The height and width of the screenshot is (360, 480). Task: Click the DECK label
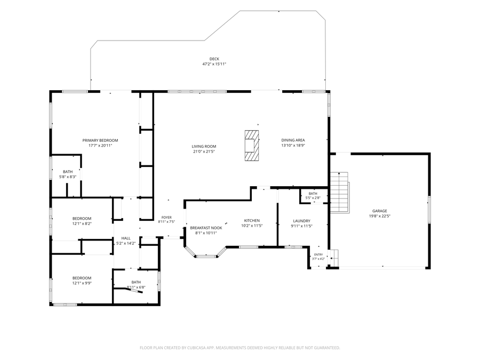214,59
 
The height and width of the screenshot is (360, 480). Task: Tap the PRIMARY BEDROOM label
100,140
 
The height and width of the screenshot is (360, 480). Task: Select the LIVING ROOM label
204,146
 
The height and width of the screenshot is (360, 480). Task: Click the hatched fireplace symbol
252,146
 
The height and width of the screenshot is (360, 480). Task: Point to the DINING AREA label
293,140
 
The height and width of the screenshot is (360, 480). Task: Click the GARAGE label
380,211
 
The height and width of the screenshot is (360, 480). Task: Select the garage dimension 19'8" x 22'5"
380,216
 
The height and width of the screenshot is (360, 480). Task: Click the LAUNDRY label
301,221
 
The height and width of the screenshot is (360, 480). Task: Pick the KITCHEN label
252,221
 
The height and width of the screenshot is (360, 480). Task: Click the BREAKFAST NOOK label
206,228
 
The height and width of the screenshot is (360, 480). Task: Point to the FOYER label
166,218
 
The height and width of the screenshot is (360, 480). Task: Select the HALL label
126,238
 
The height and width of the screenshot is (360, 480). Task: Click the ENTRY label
318,255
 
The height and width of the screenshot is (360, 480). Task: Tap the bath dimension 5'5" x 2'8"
313,198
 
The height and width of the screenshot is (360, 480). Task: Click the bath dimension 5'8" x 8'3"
68,177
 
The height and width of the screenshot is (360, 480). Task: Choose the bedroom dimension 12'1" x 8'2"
82,224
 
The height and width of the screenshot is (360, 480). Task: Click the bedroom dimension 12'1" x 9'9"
82,283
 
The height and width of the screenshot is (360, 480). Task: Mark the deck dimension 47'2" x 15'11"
214,65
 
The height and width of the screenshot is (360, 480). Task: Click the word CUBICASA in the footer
199,348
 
